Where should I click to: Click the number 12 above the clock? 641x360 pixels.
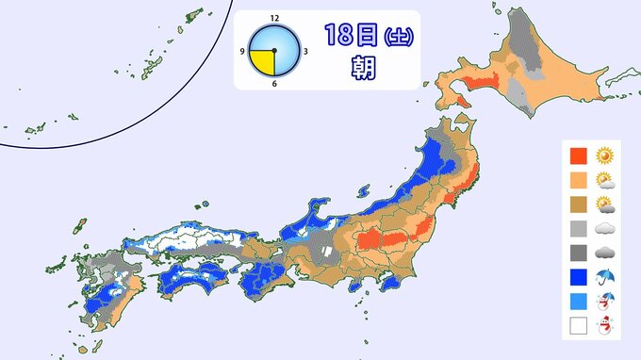tap(274, 18)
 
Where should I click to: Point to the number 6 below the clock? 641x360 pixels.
tap(274, 83)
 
